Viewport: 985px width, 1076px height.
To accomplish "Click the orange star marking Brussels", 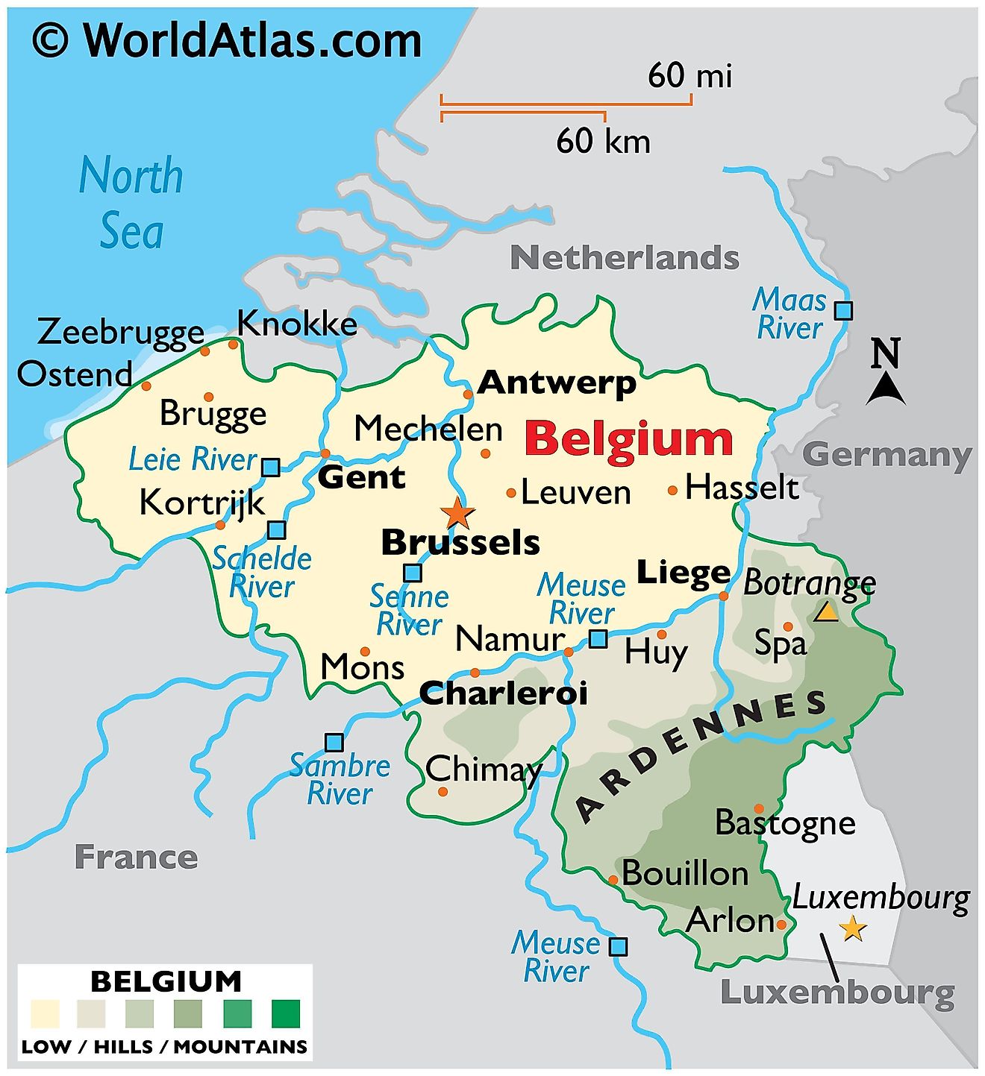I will click(457, 513).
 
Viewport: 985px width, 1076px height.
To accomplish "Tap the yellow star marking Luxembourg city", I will click(852, 929).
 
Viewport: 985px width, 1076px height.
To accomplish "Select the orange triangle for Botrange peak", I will click(826, 612).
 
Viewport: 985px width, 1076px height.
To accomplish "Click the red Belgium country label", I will click(628, 438).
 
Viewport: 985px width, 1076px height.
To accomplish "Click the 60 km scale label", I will click(603, 141).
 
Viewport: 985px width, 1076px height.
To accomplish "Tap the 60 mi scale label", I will click(689, 75).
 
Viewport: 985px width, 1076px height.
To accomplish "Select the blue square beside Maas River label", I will click(843, 310).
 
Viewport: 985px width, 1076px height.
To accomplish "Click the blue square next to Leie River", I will click(271, 468).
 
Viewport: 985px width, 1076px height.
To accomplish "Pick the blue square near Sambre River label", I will click(334, 743).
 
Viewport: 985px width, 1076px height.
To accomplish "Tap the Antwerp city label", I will click(557, 383).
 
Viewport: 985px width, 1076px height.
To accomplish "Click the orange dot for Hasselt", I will click(672, 490).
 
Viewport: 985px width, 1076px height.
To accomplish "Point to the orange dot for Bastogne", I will click(758, 808).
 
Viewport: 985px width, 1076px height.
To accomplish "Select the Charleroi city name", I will click(503, 693).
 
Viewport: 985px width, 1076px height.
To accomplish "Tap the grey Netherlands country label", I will click(625, 258).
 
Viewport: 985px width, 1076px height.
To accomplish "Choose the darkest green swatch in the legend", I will click(286, 1014).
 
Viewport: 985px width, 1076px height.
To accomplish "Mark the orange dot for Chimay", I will click(443, 791).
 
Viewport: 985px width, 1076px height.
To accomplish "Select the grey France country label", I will click(137, 857).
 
